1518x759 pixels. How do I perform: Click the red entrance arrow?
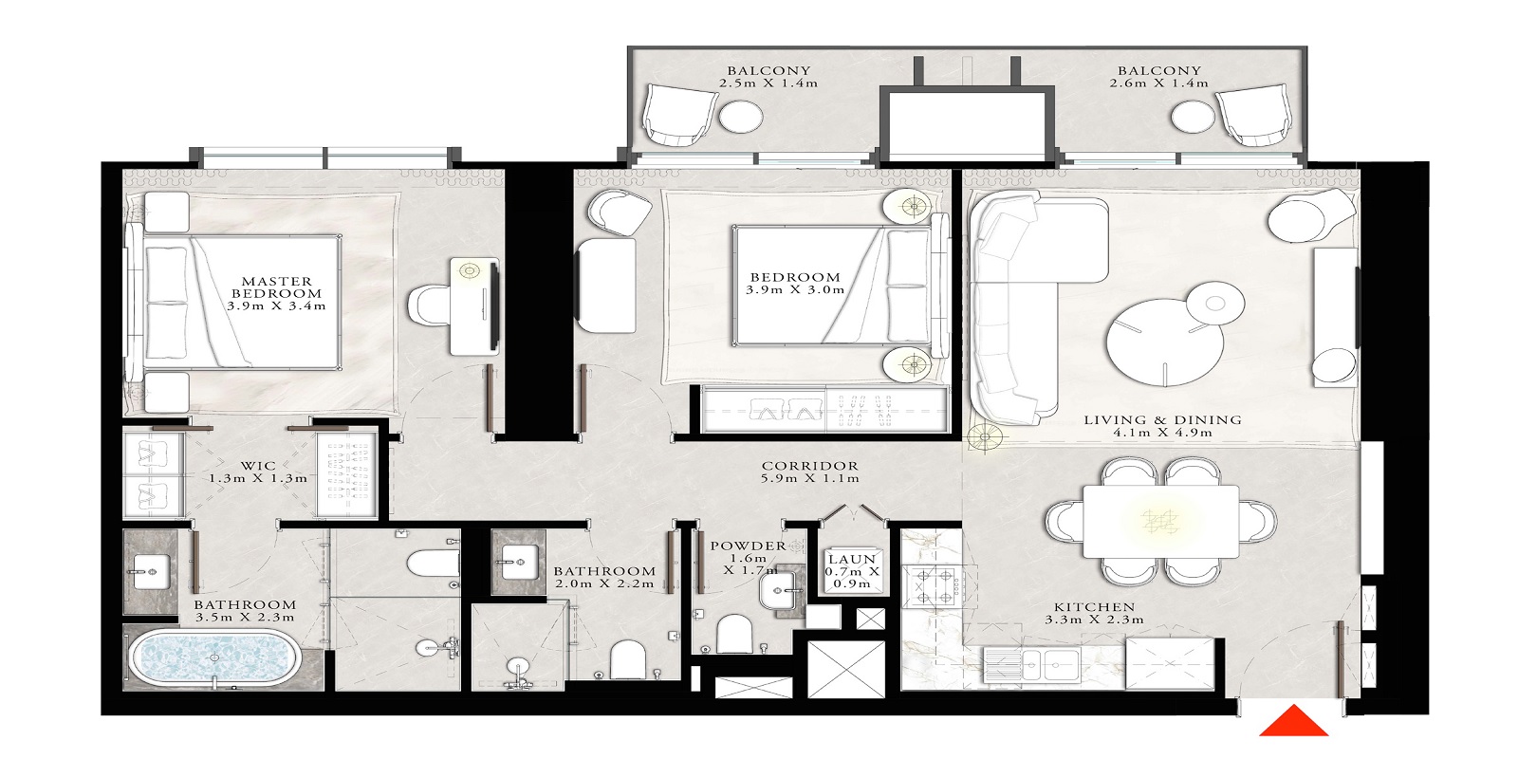1293,722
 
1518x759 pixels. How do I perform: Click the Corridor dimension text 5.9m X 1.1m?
809,478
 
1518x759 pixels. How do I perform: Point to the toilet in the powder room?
733,633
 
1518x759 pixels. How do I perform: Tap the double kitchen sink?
1029,664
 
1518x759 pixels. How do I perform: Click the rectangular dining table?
1161,522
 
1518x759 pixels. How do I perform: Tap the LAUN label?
852,560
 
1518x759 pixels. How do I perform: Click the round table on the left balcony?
740,118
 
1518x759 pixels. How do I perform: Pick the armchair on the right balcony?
1254,118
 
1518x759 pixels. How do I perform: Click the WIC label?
258,465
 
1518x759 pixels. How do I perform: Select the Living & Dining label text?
1162,419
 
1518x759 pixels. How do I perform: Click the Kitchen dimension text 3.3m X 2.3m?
1094,620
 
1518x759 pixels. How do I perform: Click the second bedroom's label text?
794,278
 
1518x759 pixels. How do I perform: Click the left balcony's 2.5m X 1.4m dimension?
768,83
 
